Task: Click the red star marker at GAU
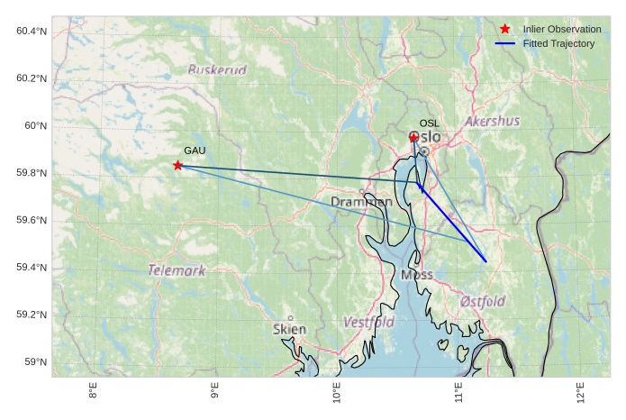pos(177,165)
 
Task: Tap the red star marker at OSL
pos(413,137)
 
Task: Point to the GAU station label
pos(195,151)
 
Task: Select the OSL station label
pos(430,123)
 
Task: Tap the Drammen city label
pos(361,202)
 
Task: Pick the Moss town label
pos(417,275)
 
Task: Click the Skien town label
pos(289,330)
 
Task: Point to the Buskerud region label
pos(217,70)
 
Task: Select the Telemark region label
pos(177,270)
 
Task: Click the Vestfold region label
pos(368,322)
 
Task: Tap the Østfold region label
pos(483,301)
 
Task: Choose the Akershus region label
pos(493,121)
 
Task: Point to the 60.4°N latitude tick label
pos(32,32)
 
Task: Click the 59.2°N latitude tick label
pos(32,315)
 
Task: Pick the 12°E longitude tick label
pos(581,394)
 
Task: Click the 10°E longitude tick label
pos(337,394)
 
